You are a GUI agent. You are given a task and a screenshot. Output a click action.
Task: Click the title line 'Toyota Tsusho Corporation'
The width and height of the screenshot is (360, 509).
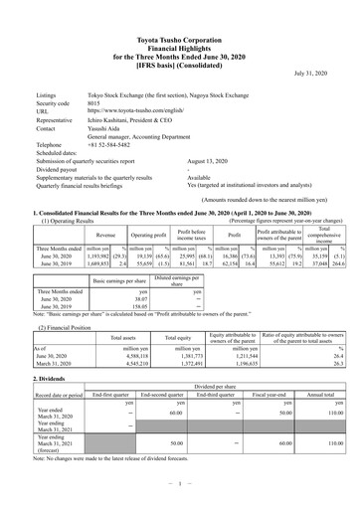(180, 8)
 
